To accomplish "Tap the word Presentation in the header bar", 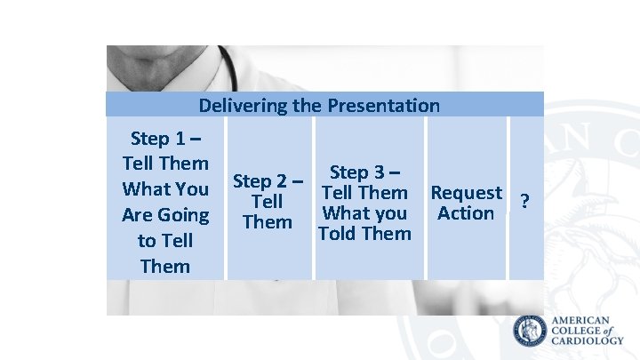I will (x=383, y=106).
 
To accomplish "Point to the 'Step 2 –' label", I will (x=268, y=181).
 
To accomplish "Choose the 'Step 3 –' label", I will (x=364, y=172).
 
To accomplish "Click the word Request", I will (x=466, y=193).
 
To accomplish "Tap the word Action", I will (x=466, y=213).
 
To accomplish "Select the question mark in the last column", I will (x=525, y=202).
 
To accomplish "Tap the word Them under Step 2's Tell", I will (x=267, y=222).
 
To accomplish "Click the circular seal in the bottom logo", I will (x=531, y=332).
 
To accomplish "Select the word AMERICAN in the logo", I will (x=581, y=320).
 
